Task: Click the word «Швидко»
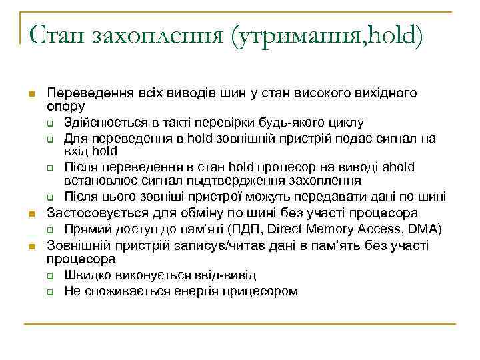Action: (x=85, y=275)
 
